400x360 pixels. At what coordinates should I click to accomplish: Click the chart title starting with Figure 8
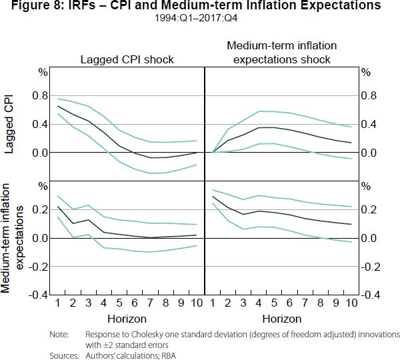coord(199,6)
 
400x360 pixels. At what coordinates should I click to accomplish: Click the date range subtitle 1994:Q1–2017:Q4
coord(199,19)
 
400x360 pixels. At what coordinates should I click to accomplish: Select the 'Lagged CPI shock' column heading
coord(127,59)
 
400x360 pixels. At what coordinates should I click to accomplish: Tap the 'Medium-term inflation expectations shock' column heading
coord(282,52)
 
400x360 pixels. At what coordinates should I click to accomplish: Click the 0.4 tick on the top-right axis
coord(368,124)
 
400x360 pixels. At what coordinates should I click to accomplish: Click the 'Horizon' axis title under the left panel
coord(127,319)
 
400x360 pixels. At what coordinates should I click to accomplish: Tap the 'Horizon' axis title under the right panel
coord(282,319)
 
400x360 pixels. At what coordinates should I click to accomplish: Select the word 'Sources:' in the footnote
coord(65,355)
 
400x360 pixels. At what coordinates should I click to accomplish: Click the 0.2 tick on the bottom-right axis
coord(368,209)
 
